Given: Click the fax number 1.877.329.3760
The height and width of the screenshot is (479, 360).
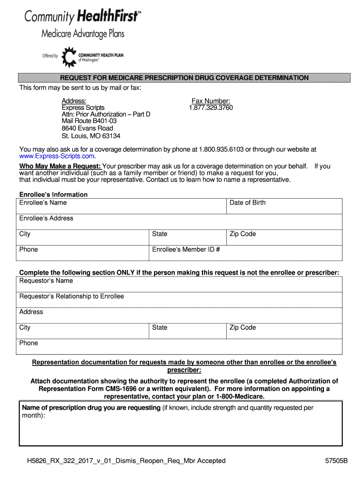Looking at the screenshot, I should [210, 108].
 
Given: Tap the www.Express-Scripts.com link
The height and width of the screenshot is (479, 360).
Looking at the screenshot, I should [57, 156].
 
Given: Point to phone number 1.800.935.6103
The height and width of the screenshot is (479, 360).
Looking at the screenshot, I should [221, 149].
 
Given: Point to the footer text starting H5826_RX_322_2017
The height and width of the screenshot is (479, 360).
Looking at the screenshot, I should [126, 461].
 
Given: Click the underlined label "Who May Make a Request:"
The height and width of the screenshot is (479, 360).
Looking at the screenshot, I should [60, 166].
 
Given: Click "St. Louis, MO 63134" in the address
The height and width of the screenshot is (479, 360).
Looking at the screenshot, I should [91, 136].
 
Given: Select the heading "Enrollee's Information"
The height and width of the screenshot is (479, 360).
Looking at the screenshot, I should [53, 195].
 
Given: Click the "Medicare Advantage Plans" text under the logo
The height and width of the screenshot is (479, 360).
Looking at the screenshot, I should [83, 34].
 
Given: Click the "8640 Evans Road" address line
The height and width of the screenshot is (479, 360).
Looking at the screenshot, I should [87, 128].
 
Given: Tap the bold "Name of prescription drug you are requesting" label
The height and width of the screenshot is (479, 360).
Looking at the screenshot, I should [91, 408].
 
